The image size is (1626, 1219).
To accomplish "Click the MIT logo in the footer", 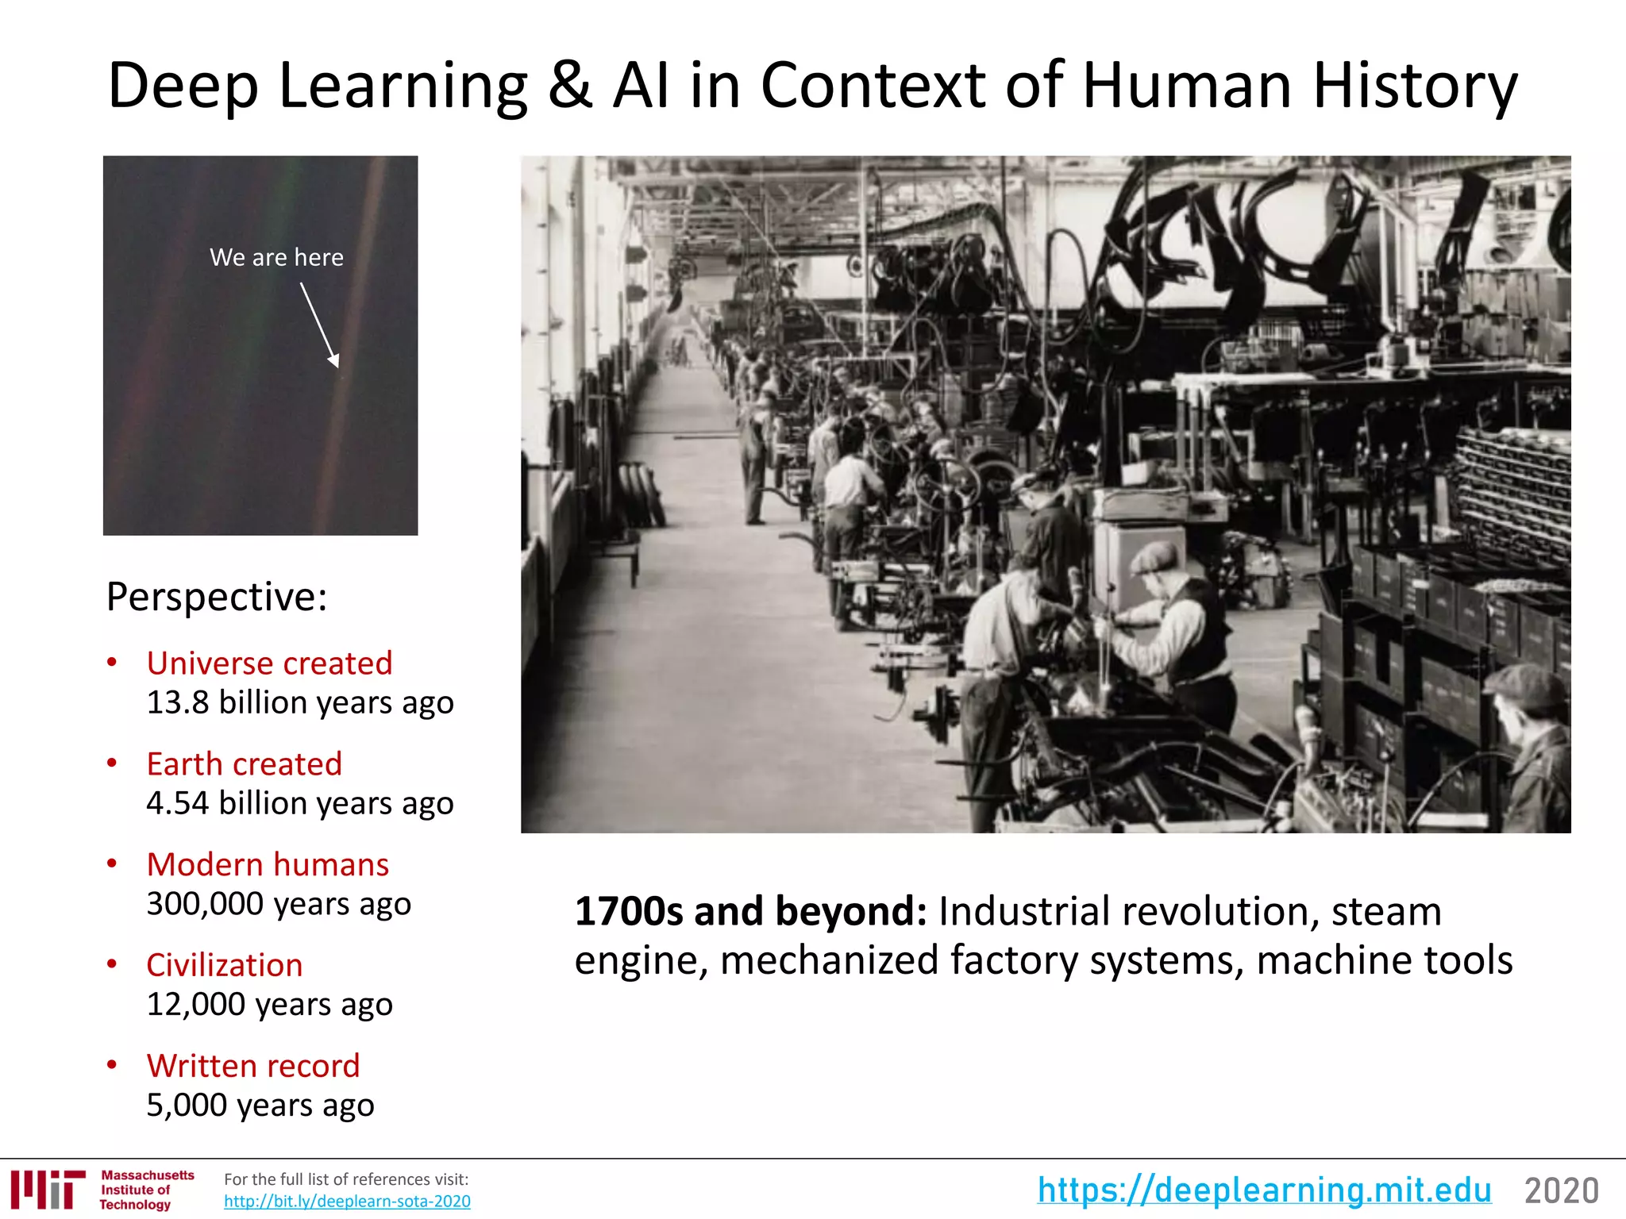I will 48,1189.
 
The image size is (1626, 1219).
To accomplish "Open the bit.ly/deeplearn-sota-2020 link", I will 347,1202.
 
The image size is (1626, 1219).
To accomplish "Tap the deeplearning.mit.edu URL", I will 1264,1190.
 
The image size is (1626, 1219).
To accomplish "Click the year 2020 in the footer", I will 1561,1190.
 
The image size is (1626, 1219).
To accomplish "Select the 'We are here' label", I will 276,257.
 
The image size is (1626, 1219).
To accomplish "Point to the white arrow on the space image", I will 320,325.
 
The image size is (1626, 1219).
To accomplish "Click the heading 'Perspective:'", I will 217,597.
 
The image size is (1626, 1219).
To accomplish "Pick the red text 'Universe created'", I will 269,663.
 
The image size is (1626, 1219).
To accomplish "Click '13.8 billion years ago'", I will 300,702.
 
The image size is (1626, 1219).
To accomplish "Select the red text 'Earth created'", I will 245,764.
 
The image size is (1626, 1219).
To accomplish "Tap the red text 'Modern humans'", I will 268,864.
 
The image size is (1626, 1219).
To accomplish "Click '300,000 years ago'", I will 279,904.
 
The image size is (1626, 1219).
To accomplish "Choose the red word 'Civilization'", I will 225,965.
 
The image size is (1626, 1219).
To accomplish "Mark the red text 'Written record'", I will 253,1066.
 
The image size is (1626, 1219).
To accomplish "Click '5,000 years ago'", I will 260,1105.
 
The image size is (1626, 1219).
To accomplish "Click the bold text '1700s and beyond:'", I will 750,911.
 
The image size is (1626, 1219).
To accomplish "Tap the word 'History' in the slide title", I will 1415,86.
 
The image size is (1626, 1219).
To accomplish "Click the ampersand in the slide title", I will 569,86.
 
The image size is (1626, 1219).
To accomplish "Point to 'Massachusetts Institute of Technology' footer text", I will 147,1190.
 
